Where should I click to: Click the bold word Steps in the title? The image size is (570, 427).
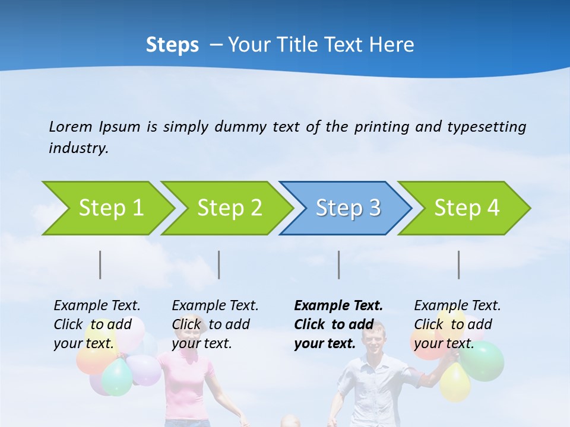point(172,45)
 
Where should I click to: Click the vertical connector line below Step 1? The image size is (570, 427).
point(100,265)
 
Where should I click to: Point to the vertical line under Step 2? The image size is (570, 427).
point(219,265)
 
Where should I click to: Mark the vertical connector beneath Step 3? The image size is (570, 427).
point(339,265)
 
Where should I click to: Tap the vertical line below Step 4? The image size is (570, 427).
point(459,265)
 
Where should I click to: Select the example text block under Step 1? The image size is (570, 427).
point(97,324)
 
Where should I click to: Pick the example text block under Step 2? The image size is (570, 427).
point(215,324)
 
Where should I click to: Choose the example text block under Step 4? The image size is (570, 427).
point(457,324)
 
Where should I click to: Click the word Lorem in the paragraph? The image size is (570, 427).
point(71,126)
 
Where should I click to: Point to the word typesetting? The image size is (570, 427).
point(486,126)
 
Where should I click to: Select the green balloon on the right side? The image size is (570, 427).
point(484,361)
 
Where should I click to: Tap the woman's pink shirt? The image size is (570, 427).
point(183,385)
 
